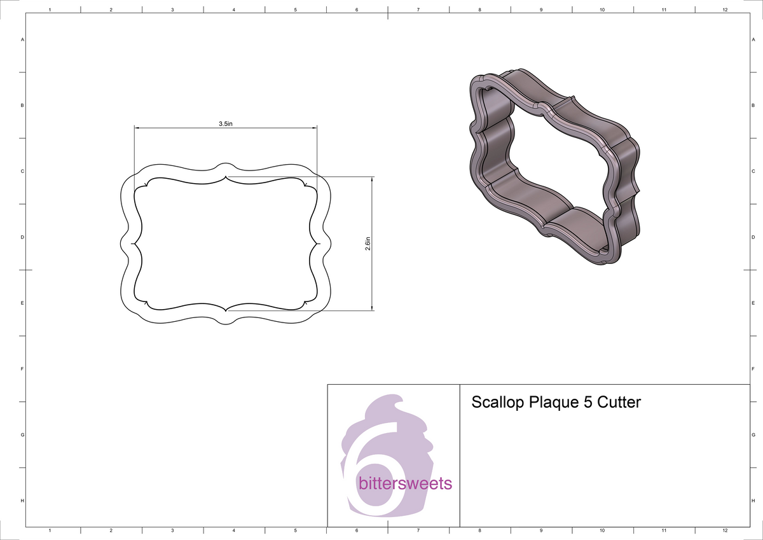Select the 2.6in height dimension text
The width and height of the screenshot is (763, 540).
coord(368,244)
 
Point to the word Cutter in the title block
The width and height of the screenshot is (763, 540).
coord(618,403)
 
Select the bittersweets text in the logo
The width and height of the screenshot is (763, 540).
coord(405,483)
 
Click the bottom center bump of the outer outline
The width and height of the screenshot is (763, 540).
coord(225,322)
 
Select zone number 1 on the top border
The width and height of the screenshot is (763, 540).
coord(50,10)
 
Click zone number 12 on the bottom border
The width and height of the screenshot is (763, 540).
coord(725,530)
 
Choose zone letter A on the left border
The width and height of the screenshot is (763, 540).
coord(23,39)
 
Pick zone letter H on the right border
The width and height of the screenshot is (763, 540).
coord(753,501)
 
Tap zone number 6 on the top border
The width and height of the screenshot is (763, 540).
coord(357,10)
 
